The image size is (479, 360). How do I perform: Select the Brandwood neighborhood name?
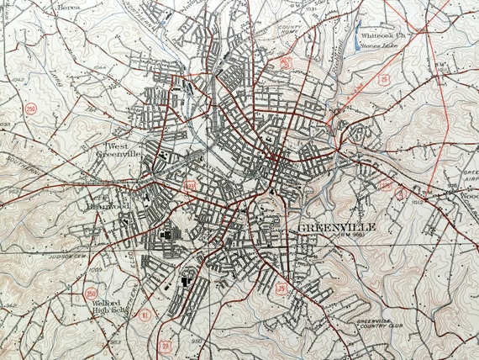106,204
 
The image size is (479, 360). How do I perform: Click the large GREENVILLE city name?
335,227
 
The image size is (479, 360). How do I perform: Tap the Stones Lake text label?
377,47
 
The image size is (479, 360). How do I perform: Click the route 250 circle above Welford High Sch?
91,293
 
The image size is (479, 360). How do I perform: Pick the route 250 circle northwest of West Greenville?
31,109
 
